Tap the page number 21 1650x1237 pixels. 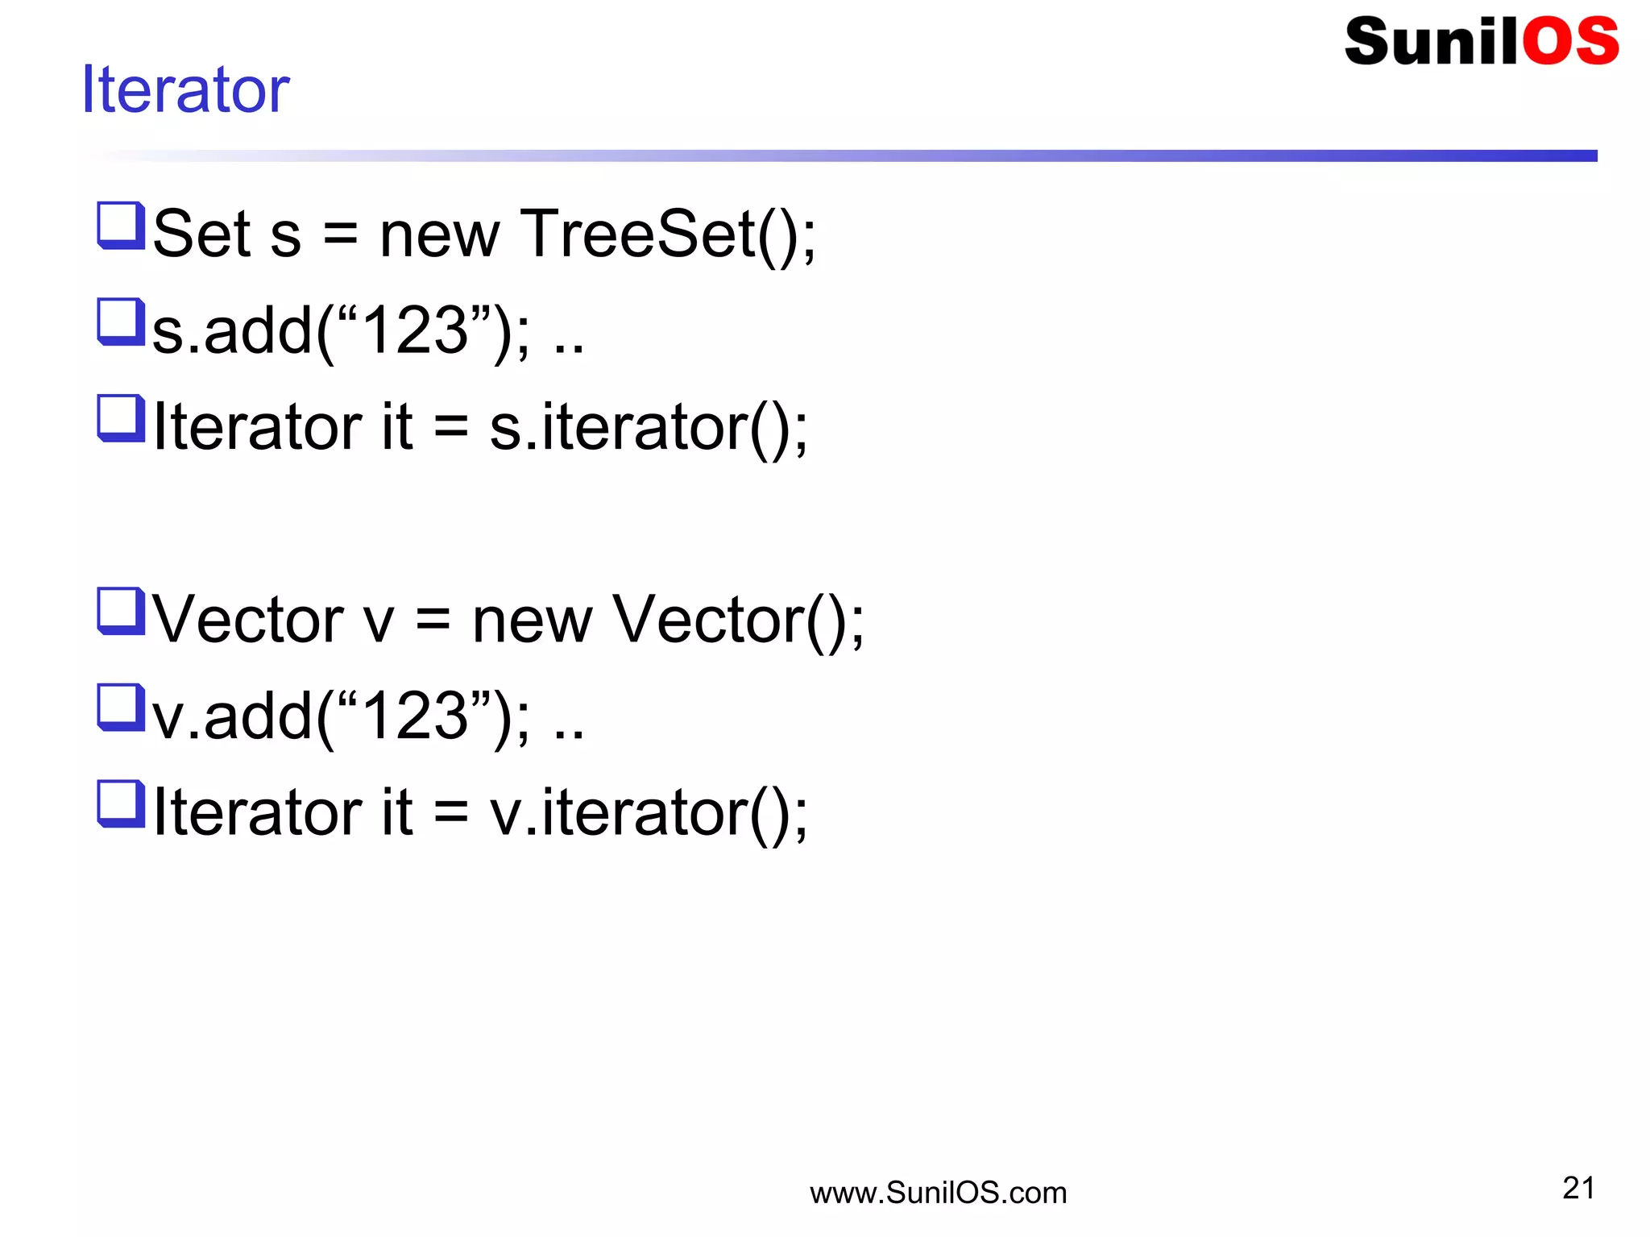(1578, 1188)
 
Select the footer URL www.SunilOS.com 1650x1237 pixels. (938, 1193)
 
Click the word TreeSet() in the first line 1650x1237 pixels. (668, 234)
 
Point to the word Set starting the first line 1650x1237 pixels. (202, 234)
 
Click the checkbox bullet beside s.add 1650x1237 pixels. (121, 322)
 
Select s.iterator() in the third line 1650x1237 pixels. (649, 427)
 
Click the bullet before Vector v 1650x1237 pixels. (121, 611)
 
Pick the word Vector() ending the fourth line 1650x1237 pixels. (738, 620)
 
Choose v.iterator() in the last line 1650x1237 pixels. (649, 812)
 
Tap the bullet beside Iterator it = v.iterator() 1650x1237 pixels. (121, 803)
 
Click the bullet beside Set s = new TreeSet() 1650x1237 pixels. (121, 225)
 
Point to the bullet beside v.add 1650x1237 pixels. (121, 707)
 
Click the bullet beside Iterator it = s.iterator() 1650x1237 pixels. (121, 417)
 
